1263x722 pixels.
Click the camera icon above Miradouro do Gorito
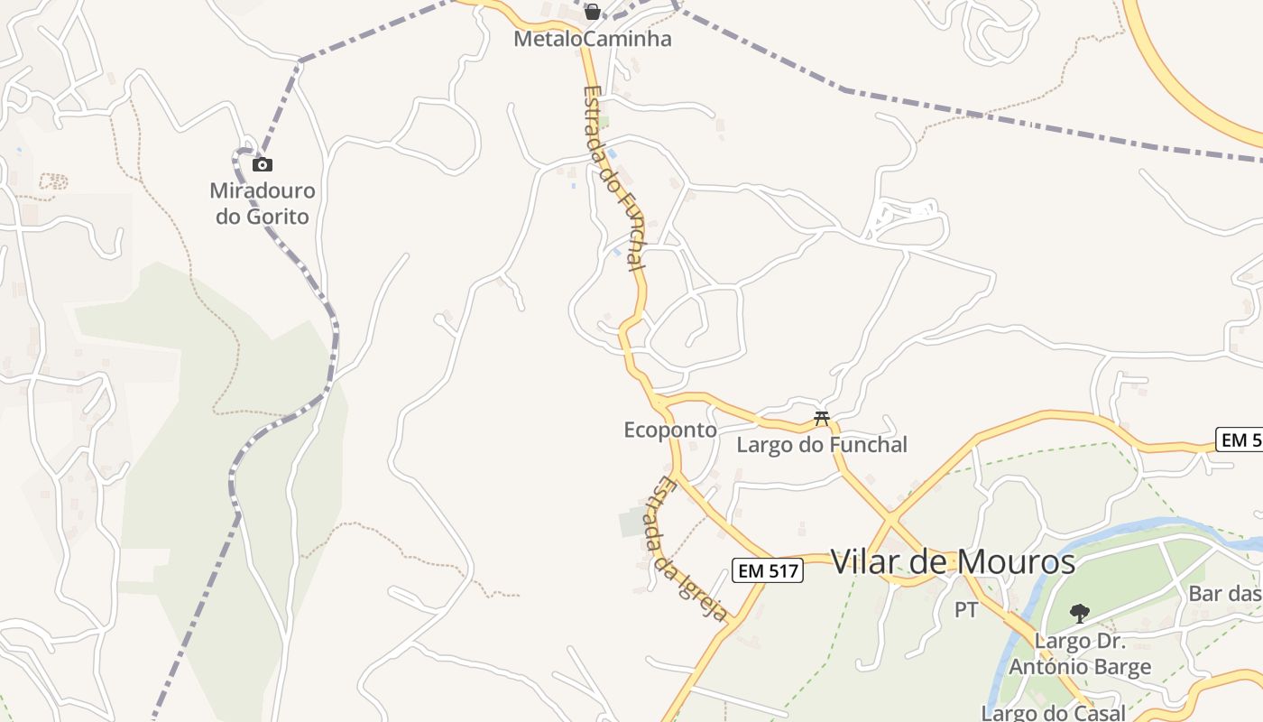pos(263,164)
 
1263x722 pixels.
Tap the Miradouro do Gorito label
pos(263,204)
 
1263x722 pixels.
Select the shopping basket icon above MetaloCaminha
pos(593,12)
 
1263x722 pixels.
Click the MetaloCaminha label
pos(593,40)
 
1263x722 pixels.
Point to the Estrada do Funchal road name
pos(614,179)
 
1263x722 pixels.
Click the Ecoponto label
pos(670,430)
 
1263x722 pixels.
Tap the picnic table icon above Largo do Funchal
pos(822,418)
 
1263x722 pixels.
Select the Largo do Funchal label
pos(822,445)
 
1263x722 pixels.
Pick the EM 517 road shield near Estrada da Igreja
pos(767,570)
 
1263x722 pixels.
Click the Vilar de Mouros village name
pos(953,562)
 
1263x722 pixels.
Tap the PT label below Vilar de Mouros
pos(966,611)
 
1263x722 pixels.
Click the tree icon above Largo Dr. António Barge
pos(1079,614)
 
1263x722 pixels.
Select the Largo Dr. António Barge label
pos(1080,655)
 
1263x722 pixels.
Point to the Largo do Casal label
pos(1054,713)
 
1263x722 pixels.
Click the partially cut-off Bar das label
pos(1225,594)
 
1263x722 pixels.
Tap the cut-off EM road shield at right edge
pos(1240,440)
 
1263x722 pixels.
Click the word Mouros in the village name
pos(1016,562)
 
